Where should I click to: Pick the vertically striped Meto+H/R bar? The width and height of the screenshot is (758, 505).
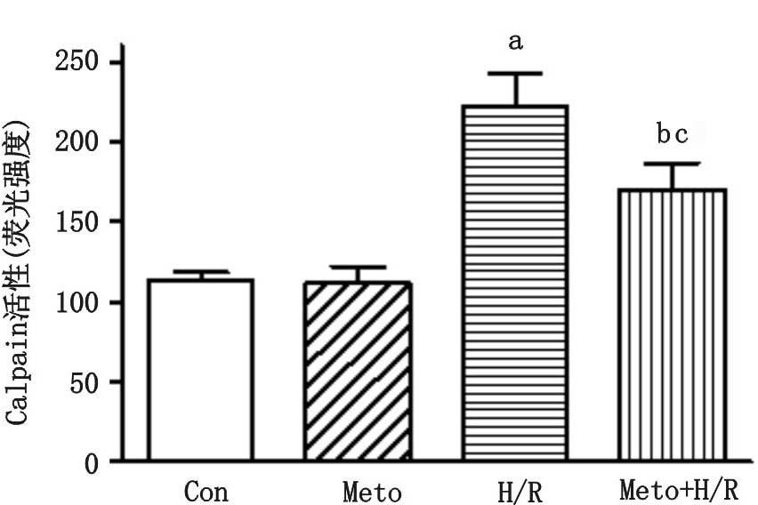coord(673,325)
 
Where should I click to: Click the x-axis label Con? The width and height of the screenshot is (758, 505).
coord(206,491)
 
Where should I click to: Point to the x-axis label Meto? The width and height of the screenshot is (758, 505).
coord(371,491)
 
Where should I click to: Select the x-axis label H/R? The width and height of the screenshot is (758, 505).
coord(518,491)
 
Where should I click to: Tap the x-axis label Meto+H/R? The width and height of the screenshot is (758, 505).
coord(679,491)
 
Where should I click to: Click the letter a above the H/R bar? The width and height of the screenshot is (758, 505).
coord(514,42)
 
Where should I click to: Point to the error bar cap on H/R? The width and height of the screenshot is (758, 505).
coord(514,74)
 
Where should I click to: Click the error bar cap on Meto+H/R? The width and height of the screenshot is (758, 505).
coord(673,164)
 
